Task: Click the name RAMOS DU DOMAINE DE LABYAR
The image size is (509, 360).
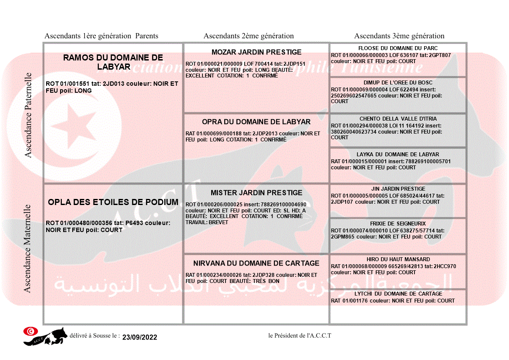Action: coord(113,62)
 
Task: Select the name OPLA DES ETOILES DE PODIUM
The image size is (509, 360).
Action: coord(113,202)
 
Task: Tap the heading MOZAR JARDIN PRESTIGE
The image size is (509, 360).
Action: coord(256,52)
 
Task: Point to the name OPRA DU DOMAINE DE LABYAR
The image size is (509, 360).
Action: coord(256,122)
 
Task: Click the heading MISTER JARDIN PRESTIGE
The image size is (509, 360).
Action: coord(256,193)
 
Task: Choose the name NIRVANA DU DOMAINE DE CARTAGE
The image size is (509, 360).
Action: coord(256,263)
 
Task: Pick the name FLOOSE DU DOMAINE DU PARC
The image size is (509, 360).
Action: coord(398,48)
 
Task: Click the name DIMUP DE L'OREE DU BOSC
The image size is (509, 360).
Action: coord(398,83)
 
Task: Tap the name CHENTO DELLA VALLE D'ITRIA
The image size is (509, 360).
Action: coord(398,119)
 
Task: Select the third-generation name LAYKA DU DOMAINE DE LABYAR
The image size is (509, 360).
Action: coord(398,155)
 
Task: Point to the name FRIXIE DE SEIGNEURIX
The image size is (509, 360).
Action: coord(398,224)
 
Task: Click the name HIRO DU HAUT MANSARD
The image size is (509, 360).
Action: coord(398,259)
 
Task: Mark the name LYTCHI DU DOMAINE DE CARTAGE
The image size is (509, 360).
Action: coord(398,294)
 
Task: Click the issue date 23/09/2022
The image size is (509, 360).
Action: coord(139,337)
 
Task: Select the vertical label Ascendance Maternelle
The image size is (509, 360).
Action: coord(27,248)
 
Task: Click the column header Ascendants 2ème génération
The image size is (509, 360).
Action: coord(249,36)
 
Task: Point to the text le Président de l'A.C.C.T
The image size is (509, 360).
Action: coord(300,336)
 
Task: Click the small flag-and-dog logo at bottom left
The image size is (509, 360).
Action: coord(45,336)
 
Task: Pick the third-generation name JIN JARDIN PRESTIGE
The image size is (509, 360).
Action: coord(398,189)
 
